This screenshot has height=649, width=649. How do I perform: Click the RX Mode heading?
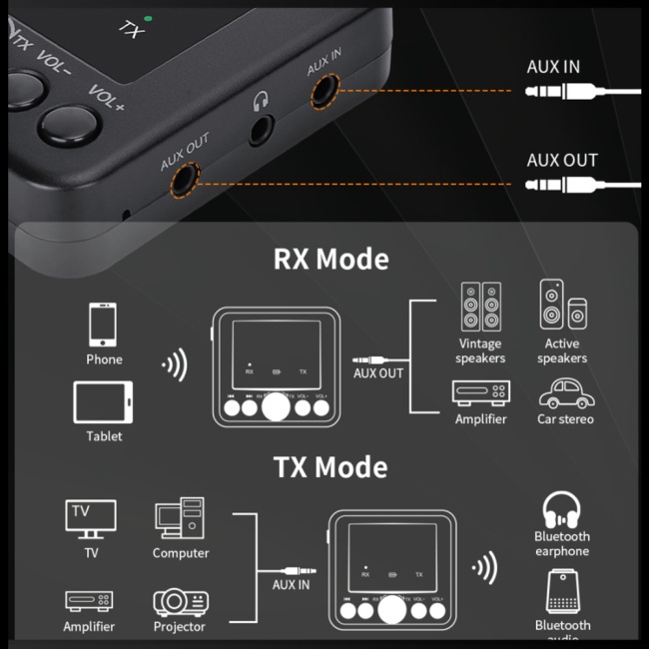[x=330, y=260]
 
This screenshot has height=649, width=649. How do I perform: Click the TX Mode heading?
[x=330, y=467]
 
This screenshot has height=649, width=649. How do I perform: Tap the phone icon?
[x=104, y=324]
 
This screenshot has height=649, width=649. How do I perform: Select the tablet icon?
[x=104, y=402]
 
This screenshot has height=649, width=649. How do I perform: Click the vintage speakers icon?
[x=480, y=308]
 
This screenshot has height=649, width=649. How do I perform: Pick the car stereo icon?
[x=565, y=392]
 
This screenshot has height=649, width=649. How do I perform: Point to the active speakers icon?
[x=562, y=306]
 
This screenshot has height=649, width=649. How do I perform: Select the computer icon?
[x=180, y=519]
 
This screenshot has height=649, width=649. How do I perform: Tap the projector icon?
[x=180, y=601]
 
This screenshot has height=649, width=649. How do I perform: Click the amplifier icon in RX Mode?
[x=480, y=392]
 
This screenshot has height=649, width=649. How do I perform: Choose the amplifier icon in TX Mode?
[x=89, y=601]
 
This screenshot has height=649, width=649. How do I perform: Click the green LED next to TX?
[x=148, y=18]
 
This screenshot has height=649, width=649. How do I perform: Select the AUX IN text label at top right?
[x=552, y=67]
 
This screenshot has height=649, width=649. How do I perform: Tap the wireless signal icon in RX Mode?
[x=175, y=365]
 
